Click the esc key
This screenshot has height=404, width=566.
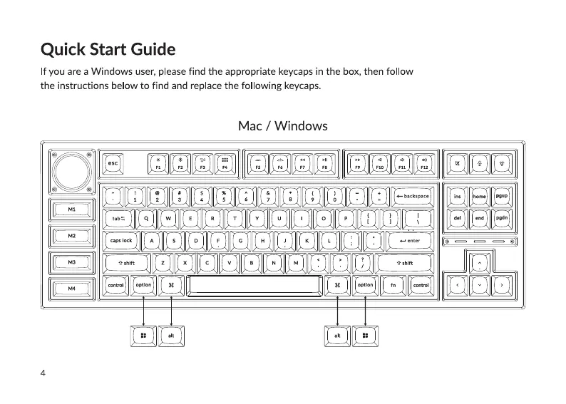coord(113,163)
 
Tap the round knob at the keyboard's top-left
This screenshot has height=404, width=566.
coord(72,171)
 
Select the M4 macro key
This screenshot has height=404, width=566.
coord(72,288)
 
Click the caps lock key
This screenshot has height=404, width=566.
coord(121,241)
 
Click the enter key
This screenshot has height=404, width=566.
coord(411,241)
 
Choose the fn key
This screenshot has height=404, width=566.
coord(393,285)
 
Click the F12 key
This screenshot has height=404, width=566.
coord(424,163)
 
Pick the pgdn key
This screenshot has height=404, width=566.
coord(502,218)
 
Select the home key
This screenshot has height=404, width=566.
coord(480,196)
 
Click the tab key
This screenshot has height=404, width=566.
coord(118,218)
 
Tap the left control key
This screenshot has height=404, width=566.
coord(115,285)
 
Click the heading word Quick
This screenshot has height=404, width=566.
coord(63,50)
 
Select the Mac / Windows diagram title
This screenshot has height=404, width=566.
coord(283,126)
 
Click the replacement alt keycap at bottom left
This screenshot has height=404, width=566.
coord(171,335)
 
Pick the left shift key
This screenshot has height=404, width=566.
coord(126,263)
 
